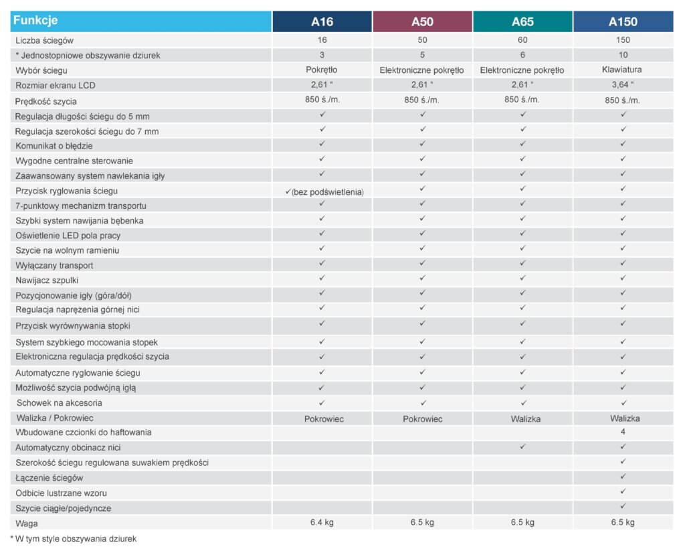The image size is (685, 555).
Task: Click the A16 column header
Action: pos(322,21)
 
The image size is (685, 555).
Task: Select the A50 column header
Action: pos(422,21)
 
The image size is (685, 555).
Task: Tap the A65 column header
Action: pos(522,21)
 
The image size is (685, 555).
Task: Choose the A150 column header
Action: pos(623,21)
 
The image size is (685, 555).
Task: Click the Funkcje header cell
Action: pos(35,21)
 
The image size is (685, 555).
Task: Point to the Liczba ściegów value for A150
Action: pos(623,40)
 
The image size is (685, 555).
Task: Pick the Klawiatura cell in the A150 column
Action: pos(623,70)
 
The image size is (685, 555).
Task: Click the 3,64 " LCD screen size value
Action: pos(623,85)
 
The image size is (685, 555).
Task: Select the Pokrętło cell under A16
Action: pos(322,70)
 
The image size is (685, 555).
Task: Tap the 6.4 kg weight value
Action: pos(322,522)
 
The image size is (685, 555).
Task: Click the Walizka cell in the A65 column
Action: pos(522,418)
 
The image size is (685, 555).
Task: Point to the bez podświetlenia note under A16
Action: pos(327,192)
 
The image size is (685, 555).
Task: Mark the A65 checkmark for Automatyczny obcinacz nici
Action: pos(522,446)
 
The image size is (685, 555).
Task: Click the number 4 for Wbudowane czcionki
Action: pos(623,432)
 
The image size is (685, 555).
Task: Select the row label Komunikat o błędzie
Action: pos(54,146)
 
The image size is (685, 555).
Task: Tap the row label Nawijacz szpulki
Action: pos(47,281)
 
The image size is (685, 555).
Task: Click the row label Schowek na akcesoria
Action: pos(60,403)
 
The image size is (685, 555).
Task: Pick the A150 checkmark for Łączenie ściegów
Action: pos(623,477)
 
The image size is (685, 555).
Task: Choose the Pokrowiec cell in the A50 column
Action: pos(422,418)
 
